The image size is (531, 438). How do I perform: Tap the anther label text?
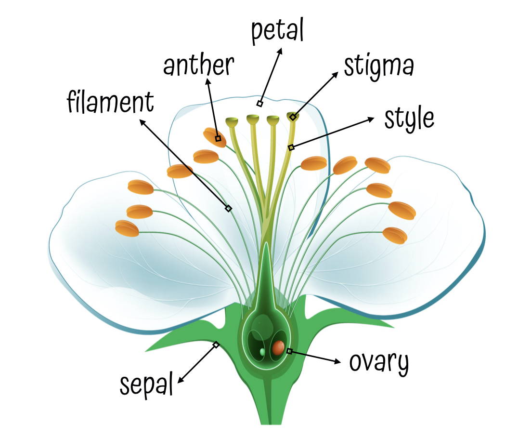click(x=198, y=66)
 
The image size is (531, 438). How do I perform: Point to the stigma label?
click(x=378, y=67)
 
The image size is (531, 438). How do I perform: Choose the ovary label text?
click(x=379, y=362)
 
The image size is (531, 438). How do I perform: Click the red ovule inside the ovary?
click(x=278, y=347)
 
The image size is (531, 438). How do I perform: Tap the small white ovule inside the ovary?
click(x=262, y=352)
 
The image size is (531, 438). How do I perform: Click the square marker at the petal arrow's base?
click(x=260, y=104)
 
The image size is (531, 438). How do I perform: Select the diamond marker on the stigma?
click(x=293, y=117)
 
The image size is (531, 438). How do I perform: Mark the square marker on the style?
click(x=291, y=147)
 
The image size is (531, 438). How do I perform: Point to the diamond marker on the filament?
click(x=229, y=209)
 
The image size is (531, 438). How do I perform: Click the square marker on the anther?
click(x=218, y=139)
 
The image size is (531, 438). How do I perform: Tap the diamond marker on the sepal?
click(x=216, y=345)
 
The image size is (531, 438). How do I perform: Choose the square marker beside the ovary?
click(x=289, y=351)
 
